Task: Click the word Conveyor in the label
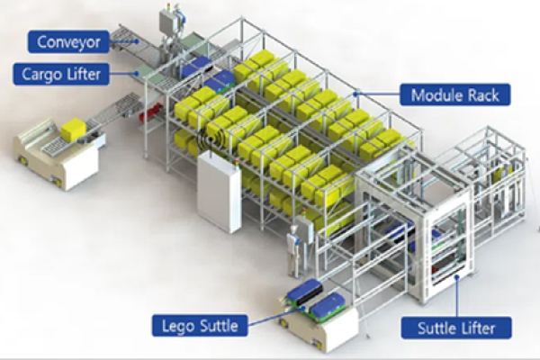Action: pyautogui.click(x=69, y=40)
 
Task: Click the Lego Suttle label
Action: pyautogui.click(x=200, y=324)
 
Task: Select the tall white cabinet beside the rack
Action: pyautogui.click(x=219, y=191)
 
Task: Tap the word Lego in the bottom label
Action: pyautogui.click(x=176, y=324)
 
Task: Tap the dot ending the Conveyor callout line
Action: pyautogui.click(x=135, y=40)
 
